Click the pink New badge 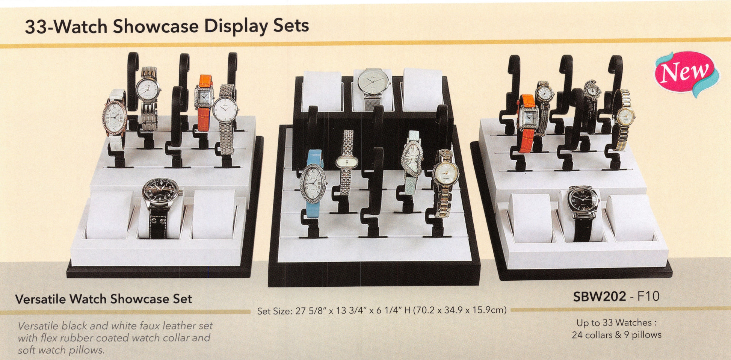pos(686,73)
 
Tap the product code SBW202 pos(600,296)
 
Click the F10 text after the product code pos(648,296)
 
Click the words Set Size pos(274,311)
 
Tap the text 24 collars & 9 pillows pos(616,335)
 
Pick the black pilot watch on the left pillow pos(162,207)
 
